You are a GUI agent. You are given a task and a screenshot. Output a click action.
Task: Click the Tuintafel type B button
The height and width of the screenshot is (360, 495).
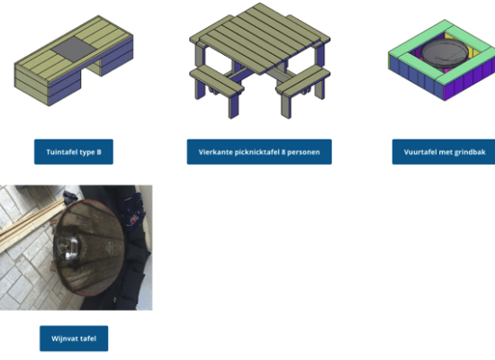click(x=74, y=152)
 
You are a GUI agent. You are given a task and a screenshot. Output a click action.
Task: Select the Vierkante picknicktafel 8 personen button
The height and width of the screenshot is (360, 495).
click(x=259, y=152)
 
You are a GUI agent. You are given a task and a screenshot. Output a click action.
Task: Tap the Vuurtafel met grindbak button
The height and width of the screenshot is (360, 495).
click(x=444, y=152)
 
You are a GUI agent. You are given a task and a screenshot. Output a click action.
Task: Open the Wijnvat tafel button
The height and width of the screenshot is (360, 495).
click(x=74, y=338)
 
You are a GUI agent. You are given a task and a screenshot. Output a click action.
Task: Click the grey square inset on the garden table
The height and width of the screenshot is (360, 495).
click(x=74, y=49)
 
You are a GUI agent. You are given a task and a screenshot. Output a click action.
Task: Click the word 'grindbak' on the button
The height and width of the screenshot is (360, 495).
click(x=472, y=152)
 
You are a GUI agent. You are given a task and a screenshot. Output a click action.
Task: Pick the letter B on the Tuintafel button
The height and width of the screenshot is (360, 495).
click(x=99, y=152)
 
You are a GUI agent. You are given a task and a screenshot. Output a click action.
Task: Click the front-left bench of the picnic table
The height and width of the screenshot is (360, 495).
click(x=217, y=79)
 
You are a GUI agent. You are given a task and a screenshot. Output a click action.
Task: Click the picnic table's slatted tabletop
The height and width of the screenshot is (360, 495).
click(x=259, y=38)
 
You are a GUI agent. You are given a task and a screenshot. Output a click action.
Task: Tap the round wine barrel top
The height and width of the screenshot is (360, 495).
click(x=89, y=247)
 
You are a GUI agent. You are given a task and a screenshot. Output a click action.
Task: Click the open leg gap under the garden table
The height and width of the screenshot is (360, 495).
click(x=91, y=73)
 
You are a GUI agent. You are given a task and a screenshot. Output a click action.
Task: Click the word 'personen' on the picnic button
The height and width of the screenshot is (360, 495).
click(x=304, y=152)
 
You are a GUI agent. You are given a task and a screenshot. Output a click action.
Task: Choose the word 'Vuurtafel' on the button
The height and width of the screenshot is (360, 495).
click(x=418, y=152)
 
